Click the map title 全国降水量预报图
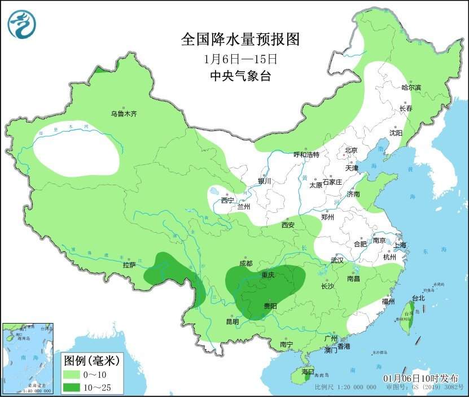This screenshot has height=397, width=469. [x=239, y=39]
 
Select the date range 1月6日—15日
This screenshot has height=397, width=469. [x=240, y=58]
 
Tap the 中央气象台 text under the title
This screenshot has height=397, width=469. [x=240, y=76]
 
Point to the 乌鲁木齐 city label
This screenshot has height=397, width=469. [x=124, y=114]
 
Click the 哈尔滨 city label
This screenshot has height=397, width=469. [x=411, y=88]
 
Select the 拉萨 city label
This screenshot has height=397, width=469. [x=129, y=265]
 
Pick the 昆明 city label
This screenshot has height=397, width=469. [x=232, y=322]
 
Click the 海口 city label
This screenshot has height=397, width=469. [x=307, y=372]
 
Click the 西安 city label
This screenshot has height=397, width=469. [x=288, y=225]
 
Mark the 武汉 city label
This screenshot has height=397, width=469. [x=337, y=261]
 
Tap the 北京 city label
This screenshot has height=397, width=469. [x=351, y=150]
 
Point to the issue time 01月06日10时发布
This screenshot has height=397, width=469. [x=420, y=378]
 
